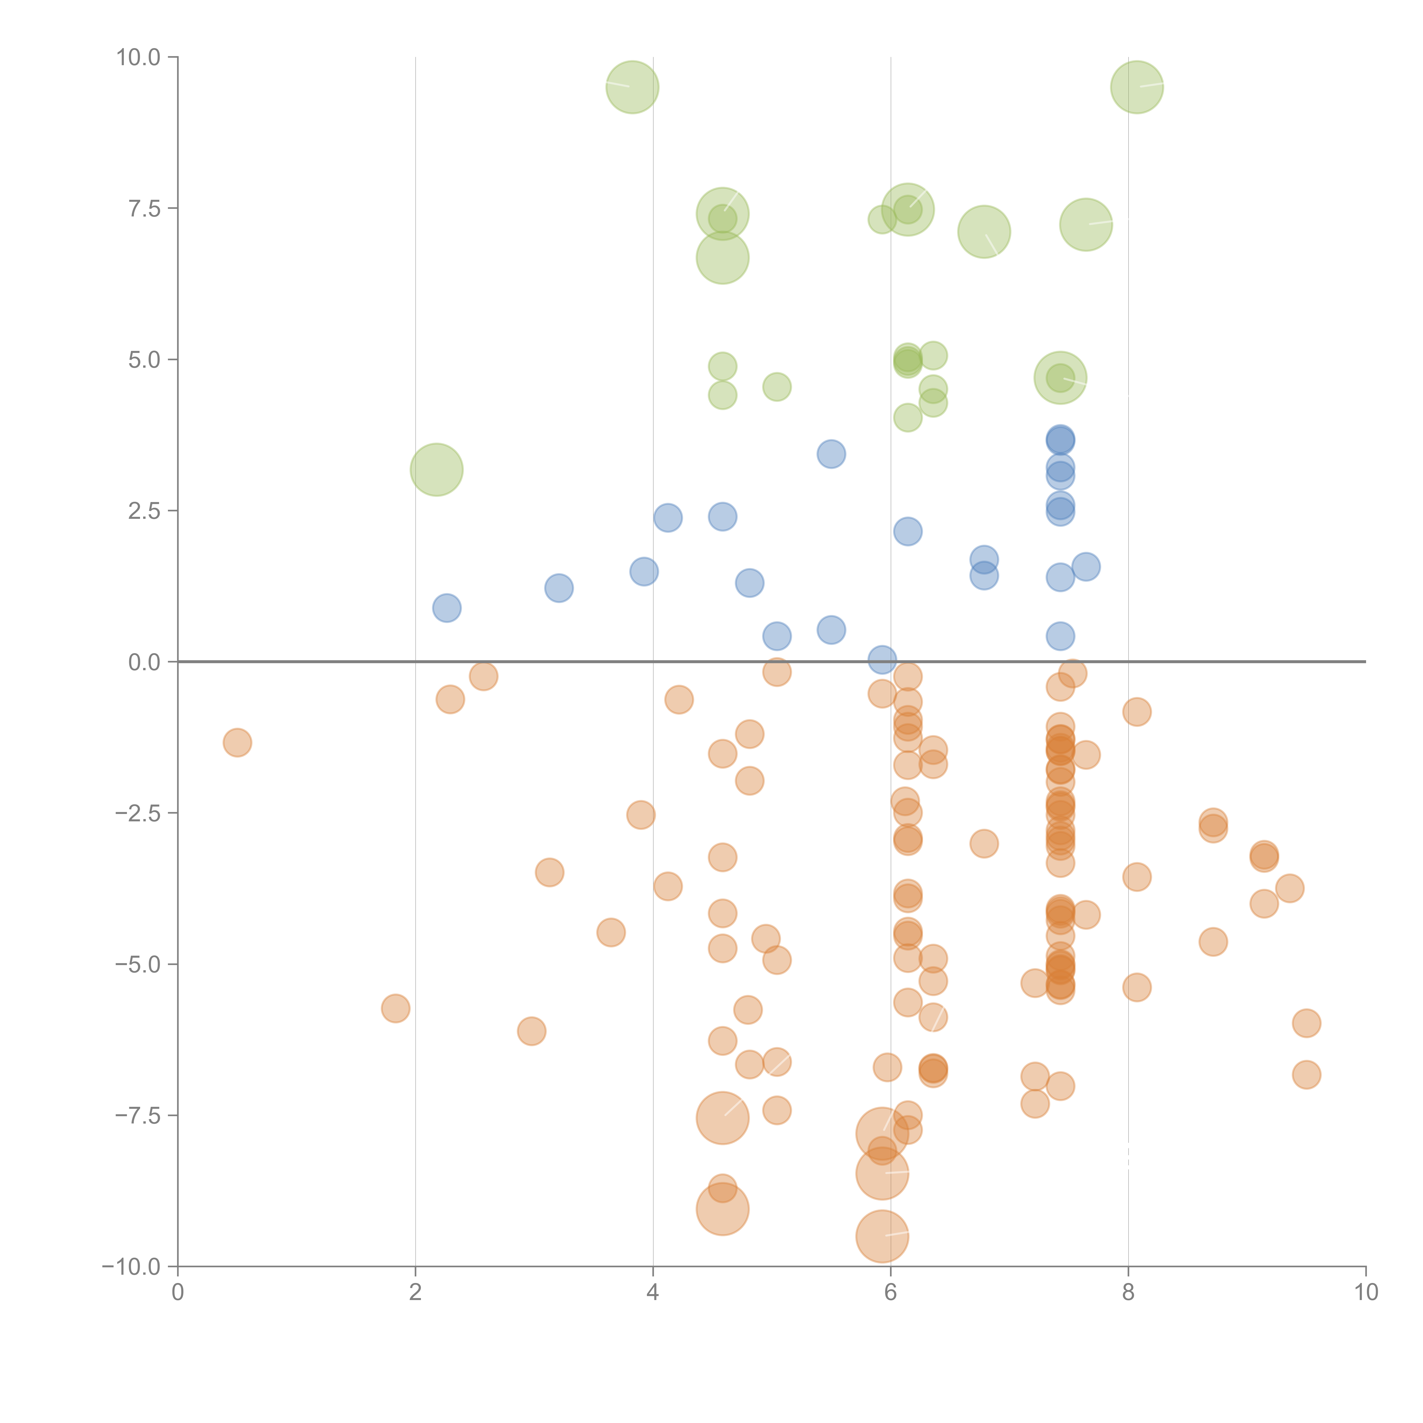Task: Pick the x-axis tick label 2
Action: [416, 1293]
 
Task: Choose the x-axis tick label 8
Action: [1128, 1293]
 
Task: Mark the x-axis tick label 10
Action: [1366, 1293]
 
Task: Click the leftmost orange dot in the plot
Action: [237, 743]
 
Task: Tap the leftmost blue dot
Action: [446, 608]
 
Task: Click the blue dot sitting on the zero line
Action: [882, 660]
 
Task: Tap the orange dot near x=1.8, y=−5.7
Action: [396, 1008]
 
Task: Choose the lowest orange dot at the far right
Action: [1306, 1075]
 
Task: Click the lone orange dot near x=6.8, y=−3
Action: [984, 843]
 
